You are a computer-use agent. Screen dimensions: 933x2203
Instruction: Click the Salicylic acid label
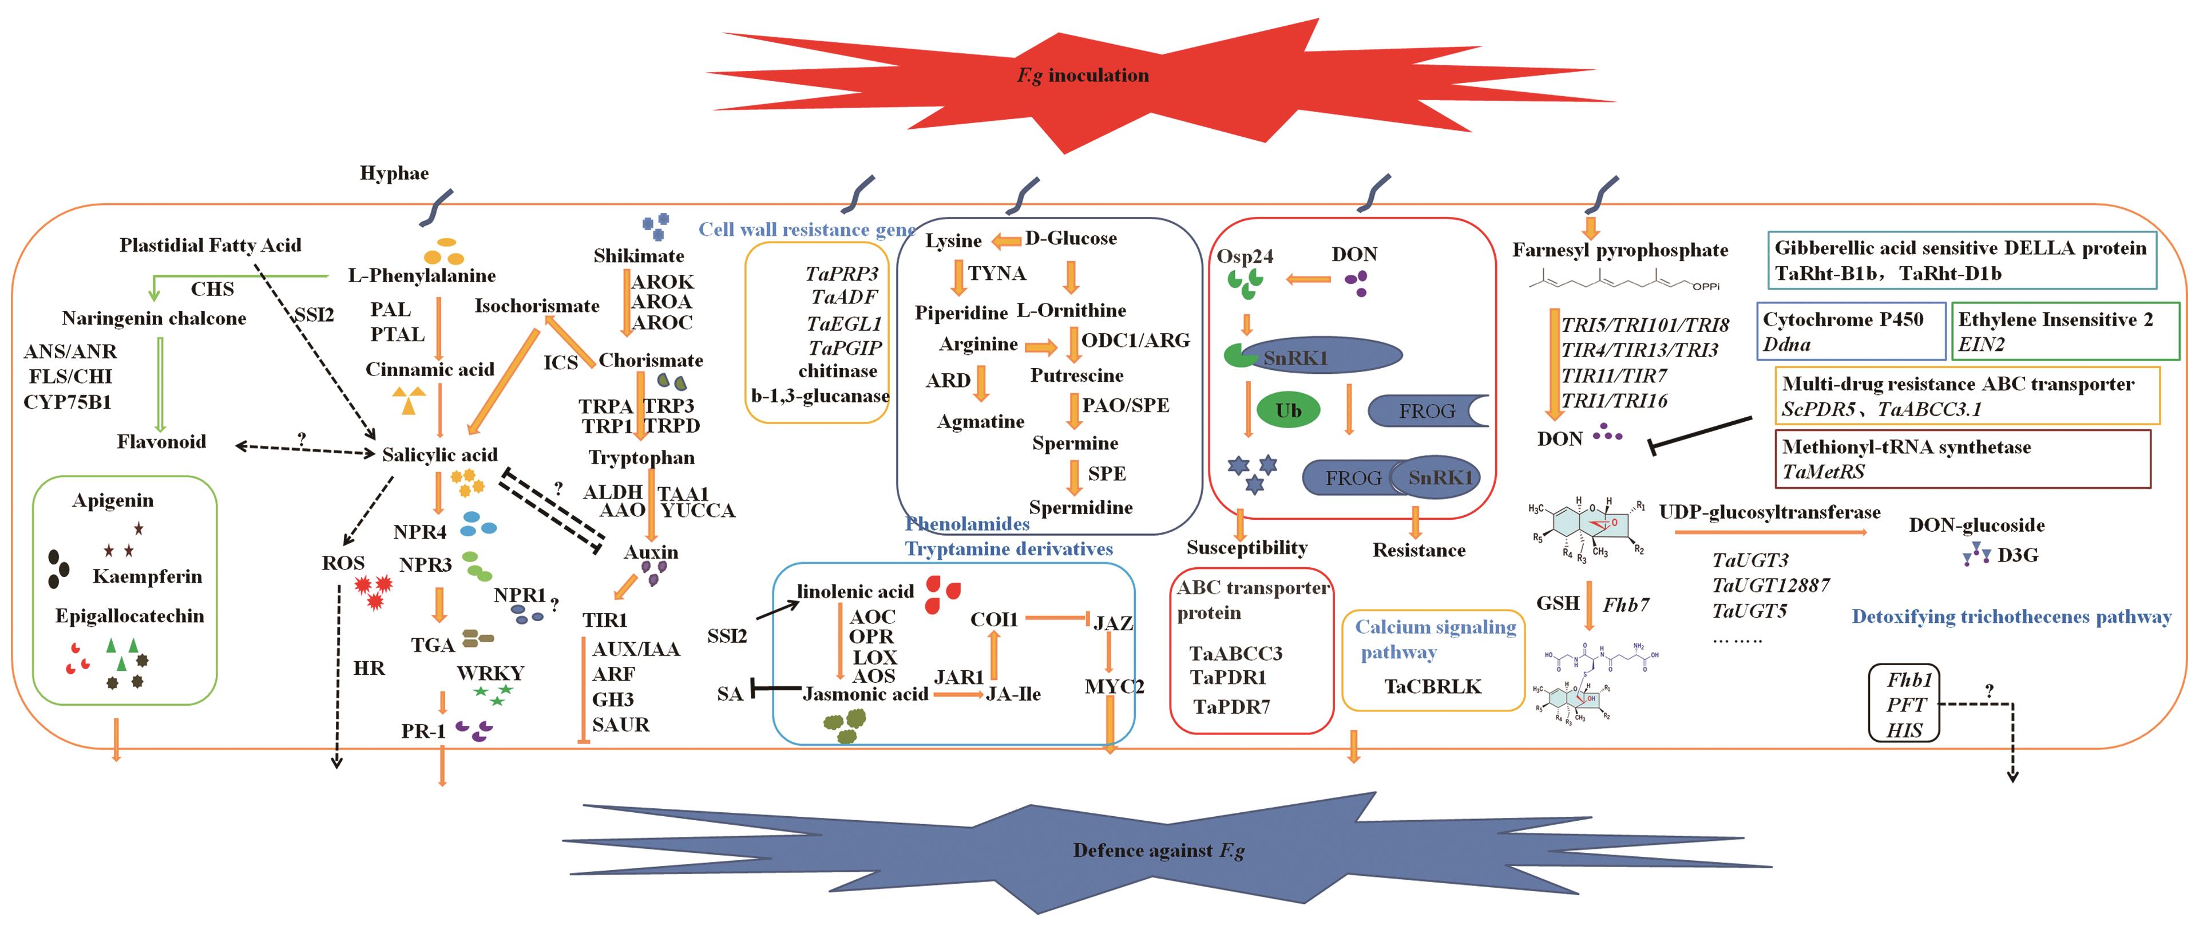point(439,455)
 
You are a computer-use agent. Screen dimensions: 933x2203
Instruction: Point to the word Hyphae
point(394,173)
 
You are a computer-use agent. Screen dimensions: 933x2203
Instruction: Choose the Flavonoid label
point(161,442)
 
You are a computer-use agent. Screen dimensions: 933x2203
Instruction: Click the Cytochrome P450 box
point(1851,331)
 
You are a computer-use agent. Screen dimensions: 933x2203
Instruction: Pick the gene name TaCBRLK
point(1432,687)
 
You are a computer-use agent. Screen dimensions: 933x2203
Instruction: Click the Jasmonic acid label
point(865,694)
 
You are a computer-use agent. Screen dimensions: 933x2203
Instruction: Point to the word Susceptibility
point(1247,548)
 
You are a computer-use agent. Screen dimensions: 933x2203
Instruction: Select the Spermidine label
point(1080,508)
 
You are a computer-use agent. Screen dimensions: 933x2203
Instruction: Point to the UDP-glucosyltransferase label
point(1769,513)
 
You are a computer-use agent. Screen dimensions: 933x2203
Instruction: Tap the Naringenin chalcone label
point(154,319)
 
